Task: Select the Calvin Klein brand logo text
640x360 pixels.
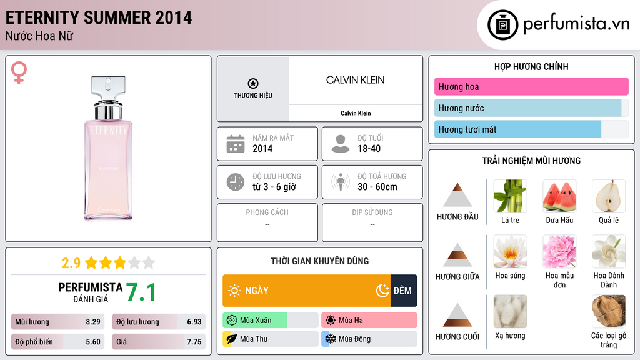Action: click(355, 80)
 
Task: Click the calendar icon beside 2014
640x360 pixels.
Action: click(235, 144)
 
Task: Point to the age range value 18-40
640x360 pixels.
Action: click(369, 149)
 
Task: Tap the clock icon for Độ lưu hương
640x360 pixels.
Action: click(235, 182)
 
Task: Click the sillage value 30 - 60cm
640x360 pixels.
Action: click(377, 187)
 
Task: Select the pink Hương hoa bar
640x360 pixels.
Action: click(531, 87)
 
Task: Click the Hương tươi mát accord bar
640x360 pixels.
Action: click(518, 129)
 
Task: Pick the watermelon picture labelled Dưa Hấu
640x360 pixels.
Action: click(559, 196)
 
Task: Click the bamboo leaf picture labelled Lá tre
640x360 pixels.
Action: click(510, 196)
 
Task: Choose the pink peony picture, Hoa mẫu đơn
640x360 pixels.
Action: click(559, 251)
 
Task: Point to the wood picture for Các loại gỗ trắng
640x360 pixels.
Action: click(608, 311)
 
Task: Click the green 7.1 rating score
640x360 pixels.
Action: click(141, 292)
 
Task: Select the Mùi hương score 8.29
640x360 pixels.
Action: click(93, 322)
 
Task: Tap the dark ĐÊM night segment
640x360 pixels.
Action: click(404, 291)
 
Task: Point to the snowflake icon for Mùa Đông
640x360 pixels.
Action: click(329, 339)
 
